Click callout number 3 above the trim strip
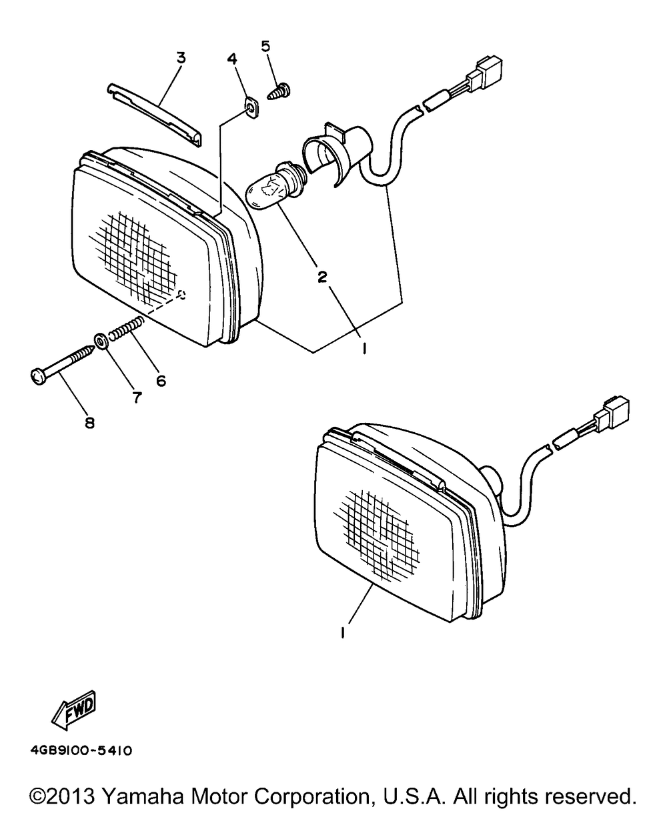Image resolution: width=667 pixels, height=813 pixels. [181, 58]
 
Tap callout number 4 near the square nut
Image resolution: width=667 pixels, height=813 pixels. [232, 59]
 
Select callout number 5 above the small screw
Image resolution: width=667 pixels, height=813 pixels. [265, 46]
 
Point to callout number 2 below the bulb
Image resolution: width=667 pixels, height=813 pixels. [322, 276]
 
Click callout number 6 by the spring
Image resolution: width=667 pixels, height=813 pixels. [161, 381]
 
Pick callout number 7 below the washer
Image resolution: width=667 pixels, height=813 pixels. [137, 397]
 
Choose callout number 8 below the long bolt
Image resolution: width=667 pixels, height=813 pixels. [89, 424]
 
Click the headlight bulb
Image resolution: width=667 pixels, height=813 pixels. [275, 186]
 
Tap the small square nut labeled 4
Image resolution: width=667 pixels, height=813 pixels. [252, 109]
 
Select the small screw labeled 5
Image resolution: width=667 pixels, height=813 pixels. [279, 91]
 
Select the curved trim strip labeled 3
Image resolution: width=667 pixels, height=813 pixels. [155, 115]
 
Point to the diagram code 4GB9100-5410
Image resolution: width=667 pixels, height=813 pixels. [81, 751]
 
